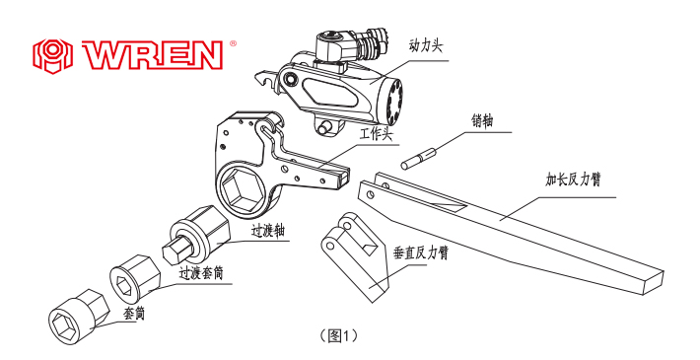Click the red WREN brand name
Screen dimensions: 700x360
pos(152,55)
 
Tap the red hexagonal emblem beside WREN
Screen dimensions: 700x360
pos(52,56)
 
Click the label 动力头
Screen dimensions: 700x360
pos(426,45)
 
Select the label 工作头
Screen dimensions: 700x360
pos(377,134)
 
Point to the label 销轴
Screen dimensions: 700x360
pos(482,120)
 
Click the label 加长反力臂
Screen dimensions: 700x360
pos(573,180)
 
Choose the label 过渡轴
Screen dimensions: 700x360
pos(268,232)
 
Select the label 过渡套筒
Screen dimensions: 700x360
pos(201,272)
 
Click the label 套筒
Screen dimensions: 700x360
pos(134,314)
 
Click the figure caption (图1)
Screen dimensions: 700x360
pos(339,336)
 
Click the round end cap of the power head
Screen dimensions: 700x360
pos(392,102)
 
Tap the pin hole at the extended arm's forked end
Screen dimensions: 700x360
pos(370,194)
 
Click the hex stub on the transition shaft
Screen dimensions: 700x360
pos(175,251)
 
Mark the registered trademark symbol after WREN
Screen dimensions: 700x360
pos(233,43)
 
